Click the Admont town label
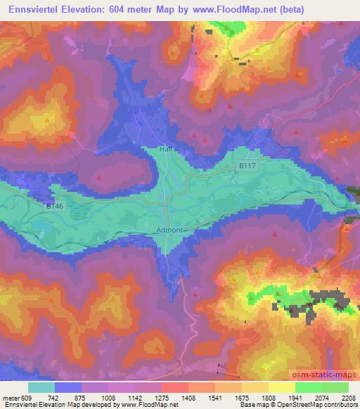pos(169,230)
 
